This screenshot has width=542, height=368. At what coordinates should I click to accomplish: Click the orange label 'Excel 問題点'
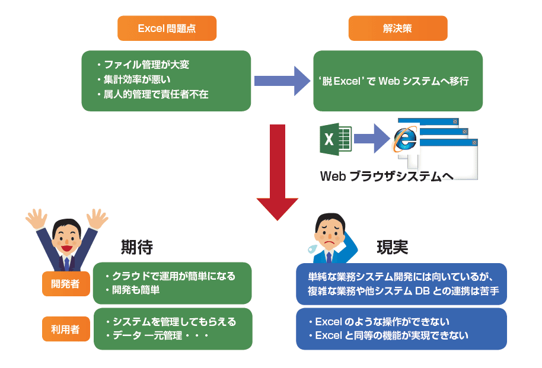[166, 28]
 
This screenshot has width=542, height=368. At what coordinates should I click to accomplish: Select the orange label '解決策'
[397, 28]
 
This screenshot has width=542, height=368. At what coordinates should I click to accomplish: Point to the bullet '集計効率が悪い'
[138, 79]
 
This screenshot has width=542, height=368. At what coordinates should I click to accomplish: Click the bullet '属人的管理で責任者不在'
[156, 94]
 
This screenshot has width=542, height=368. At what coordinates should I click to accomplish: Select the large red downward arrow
[278, 172]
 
